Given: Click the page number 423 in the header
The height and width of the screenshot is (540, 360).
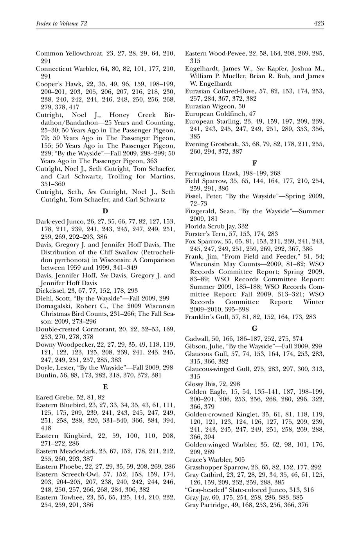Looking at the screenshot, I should click(319, 24).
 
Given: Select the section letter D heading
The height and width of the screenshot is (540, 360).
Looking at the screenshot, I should click(105, 211).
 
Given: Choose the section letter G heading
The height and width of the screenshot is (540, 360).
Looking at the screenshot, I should click(254, 328).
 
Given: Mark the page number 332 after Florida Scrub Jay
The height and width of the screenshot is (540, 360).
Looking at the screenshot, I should click(243, 226).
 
